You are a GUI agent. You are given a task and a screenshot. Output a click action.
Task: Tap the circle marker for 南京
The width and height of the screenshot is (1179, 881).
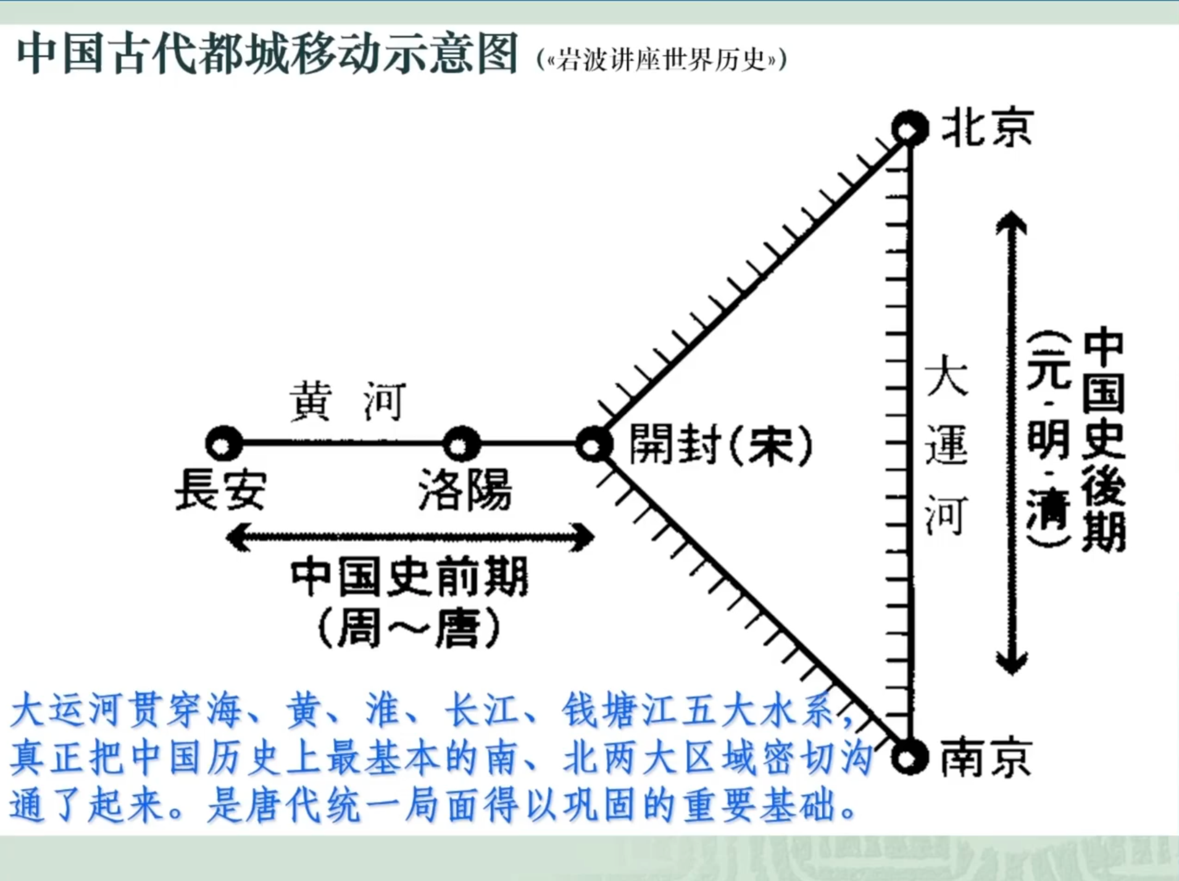click(909, 757)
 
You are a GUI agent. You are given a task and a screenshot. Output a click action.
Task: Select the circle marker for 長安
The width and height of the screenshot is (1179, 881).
click(224, 444)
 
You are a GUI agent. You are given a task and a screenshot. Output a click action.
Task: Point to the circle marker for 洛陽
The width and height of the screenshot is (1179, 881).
click(461, 444)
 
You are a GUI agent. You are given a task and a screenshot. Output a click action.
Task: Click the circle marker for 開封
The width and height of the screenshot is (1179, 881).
click(594, 444)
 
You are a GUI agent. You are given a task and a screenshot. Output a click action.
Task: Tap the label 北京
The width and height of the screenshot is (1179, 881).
click(986, 129)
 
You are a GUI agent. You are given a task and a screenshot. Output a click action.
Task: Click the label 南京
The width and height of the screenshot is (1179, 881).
click(986, 757)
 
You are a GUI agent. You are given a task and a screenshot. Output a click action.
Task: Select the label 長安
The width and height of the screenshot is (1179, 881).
click(220, 489)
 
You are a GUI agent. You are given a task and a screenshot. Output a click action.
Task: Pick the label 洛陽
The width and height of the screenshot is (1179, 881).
click(465, 489)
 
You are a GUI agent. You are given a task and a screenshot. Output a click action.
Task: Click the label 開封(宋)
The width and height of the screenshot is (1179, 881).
click(720, 445)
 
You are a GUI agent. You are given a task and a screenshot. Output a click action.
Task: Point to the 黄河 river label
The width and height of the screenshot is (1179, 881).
click(348, 402)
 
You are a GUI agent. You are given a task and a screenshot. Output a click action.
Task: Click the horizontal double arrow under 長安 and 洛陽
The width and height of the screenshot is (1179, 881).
click(410, 537)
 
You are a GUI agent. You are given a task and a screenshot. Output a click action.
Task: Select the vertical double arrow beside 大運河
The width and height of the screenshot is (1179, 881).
click(1011, 442)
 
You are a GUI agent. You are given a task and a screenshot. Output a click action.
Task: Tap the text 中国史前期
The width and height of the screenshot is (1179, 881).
click(410, 577)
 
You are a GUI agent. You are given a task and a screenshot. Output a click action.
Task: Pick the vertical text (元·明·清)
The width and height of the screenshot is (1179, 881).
click(1048, 439)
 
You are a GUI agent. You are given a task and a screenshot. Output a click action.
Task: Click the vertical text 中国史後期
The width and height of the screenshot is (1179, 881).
click(1103, 439)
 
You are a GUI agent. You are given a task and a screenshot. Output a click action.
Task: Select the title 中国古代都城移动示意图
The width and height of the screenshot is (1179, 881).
click(267, 54)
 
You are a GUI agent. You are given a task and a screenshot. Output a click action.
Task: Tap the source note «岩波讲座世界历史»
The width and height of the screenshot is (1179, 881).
click(662, 61)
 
